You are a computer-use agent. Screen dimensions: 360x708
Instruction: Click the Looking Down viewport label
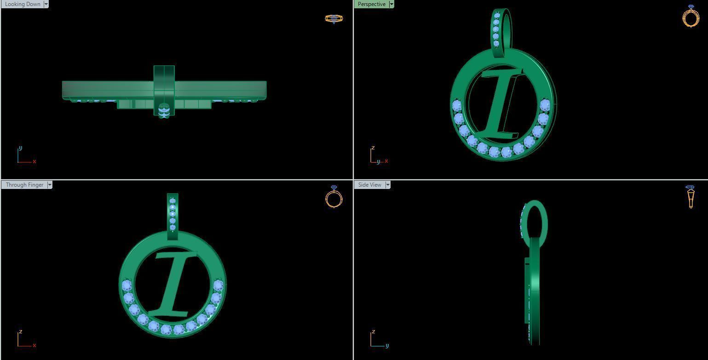(22, 4)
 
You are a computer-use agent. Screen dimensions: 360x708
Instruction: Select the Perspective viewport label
(371, 4)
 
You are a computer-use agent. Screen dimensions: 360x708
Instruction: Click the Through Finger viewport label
(24, 185)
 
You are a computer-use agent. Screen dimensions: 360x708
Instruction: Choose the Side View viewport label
(369, 185)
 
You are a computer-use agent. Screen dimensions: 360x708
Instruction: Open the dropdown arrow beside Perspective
(391, 4)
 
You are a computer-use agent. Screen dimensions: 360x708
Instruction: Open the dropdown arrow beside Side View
(388, 185)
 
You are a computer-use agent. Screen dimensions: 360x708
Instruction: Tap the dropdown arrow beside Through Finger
(50, 185)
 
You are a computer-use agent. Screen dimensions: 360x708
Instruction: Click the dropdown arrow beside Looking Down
(46, 4)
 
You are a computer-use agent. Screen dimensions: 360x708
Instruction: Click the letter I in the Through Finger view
(175, 283)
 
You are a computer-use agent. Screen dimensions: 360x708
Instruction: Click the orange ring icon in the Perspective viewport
(691, 17)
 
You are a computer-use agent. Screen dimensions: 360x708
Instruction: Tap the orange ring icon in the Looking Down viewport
(334, 19)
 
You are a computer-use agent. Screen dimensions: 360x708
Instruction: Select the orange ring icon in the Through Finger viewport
(334, 197)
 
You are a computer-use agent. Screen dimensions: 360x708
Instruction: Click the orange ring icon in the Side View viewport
(691, 197)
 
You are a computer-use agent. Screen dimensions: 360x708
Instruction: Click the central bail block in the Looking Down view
(164, 90)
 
